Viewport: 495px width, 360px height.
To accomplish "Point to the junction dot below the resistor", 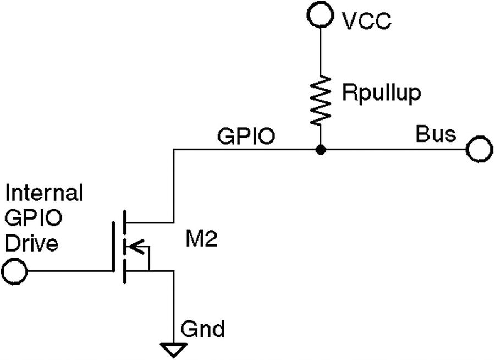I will (x=320, y=150).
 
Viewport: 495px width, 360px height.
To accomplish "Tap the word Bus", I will (x=436, y=134).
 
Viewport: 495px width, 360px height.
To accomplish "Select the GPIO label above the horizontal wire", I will (x=246, y=136).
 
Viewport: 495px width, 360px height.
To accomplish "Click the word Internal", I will (x=43, y=193).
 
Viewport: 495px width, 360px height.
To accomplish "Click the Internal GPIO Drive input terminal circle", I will (x=14, y=271).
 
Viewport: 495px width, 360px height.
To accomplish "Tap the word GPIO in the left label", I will (x=33, y=218).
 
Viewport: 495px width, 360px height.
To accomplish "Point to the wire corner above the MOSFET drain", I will (x=174, y=150).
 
